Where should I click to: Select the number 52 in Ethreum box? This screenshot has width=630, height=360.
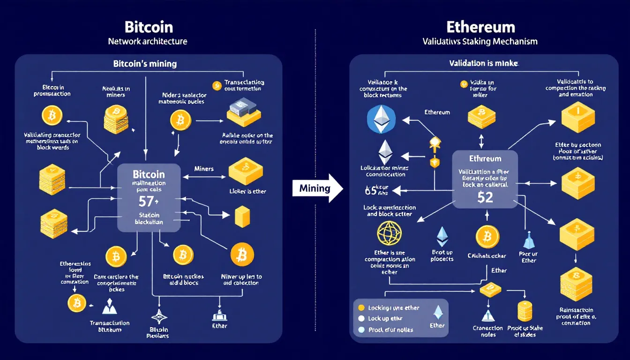485,197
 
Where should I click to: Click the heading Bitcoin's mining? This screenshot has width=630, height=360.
145,63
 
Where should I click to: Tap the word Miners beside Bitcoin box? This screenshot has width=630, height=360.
203,168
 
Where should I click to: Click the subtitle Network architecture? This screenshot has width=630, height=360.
148,41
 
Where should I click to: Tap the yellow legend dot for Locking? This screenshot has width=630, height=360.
360,308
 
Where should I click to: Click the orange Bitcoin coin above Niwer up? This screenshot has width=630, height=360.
242,255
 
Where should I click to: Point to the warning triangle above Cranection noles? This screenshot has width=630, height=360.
487,315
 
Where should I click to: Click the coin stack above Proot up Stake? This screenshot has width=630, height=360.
525,311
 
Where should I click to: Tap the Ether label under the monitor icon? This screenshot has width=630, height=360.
219,326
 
